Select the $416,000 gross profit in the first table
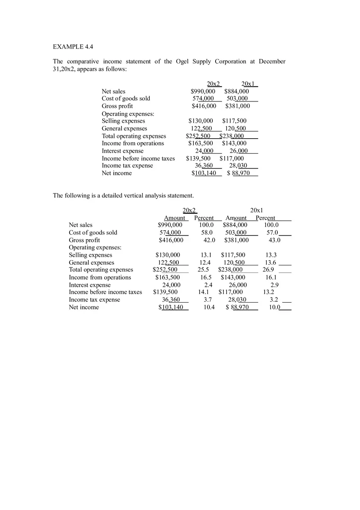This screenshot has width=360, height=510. coord(204,106)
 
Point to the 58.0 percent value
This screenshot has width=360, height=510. coord(207,233)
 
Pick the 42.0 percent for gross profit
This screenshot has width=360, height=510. coord(209,240)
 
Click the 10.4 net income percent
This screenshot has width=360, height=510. coord(209,307)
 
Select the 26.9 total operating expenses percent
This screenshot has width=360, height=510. coord(268,270)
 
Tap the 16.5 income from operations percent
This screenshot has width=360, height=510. coord(206,277)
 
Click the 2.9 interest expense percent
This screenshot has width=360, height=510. coord(274,285)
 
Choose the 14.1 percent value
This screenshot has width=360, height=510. coord(203,292)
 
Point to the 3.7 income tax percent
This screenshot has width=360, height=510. coord(208,300)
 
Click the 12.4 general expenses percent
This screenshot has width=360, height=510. coord(205,263)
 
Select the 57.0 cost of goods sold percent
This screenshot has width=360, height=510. coord(272,233)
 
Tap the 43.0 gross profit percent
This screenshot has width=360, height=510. coord(274,240)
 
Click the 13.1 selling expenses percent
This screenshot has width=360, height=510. coord(206,255)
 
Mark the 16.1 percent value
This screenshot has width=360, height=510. coord(271,277)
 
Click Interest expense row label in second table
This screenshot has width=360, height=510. coord(90,285)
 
